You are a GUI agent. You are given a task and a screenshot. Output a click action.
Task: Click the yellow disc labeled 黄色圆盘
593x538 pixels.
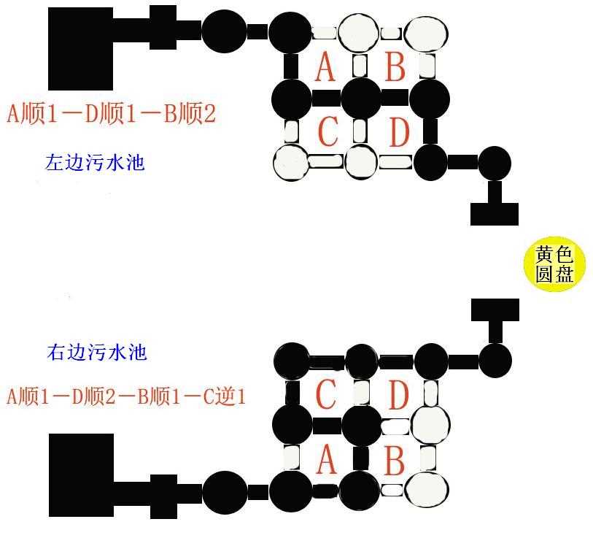[554, 264]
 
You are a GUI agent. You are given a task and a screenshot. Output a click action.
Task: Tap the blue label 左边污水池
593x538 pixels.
[95, 163]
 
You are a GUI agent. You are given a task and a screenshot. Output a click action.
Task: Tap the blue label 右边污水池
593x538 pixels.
[97, 352]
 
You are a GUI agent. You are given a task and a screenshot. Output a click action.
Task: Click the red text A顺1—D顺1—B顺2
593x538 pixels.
[111, 114]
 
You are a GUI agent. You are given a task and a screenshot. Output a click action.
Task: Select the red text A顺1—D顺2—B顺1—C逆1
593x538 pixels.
[126, 397]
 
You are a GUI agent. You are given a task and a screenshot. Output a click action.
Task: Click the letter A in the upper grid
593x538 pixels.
[325, 66]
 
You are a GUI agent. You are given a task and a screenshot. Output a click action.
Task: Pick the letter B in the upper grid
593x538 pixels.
[395, 66]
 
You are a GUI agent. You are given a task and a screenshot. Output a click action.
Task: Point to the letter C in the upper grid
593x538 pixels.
[328, 131]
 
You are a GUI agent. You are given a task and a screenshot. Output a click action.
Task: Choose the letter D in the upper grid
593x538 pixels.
[400, 131]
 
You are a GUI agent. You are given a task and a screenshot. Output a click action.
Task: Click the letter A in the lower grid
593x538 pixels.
[326, 459]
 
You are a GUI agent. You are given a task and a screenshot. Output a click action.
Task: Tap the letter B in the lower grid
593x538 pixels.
[395, 459]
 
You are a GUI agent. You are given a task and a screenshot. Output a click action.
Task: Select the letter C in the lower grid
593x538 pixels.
[325, 394]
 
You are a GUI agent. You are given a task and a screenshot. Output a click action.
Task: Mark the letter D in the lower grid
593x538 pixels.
[399, 394]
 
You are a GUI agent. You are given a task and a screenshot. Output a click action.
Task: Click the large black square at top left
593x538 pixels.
[80, 49]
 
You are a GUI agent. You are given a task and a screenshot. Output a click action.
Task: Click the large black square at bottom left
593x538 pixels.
[81, 475]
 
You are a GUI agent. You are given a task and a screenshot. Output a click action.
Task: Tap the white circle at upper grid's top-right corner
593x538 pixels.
[426, 33]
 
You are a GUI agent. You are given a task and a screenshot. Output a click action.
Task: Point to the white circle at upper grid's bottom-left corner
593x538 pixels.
[291, 163]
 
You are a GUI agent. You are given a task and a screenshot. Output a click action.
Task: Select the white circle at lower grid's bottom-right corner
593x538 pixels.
[427, 490]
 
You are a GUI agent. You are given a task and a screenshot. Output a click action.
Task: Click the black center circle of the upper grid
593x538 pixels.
[361, 98]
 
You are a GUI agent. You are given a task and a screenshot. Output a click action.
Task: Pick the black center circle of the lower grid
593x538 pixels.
[361, 423]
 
